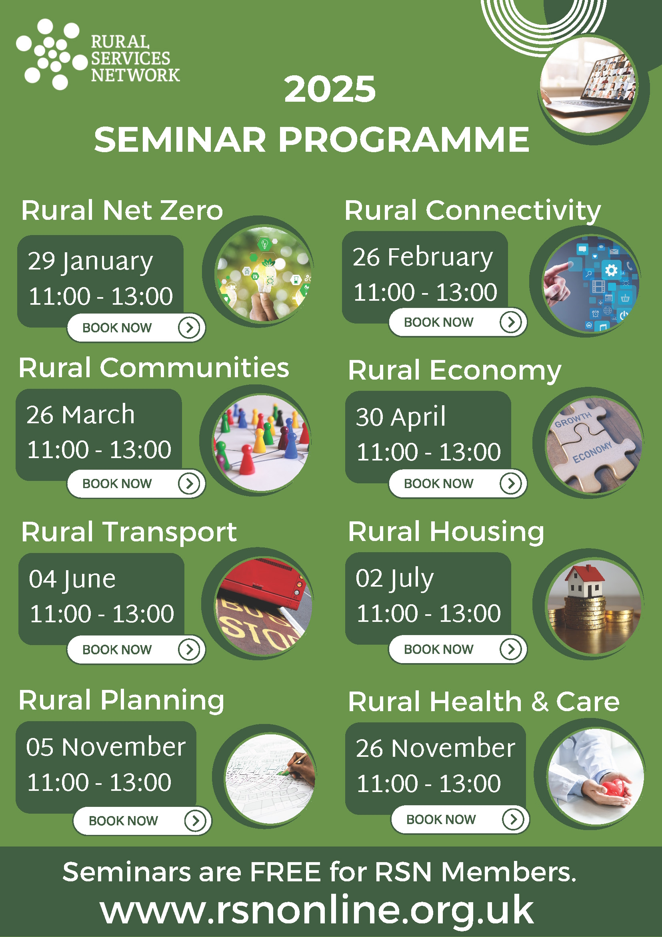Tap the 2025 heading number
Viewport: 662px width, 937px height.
pos(330,89)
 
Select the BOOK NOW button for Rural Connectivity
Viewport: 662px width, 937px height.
pos(458,322)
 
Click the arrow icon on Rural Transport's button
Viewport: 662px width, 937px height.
pos(189,649)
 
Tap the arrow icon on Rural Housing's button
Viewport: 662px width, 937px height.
pos(511,649)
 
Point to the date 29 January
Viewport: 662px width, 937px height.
pos(90,261)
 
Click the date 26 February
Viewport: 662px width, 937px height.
pos(423,257)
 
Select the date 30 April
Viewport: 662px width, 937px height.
pos(401,417)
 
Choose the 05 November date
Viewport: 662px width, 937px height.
pos(106,747)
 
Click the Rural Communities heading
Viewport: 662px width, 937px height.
pos(154,368)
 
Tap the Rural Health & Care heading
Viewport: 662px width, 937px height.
pos(484,702)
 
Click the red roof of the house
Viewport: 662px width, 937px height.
pos(584,573)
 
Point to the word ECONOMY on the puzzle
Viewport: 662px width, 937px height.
pos(592,452)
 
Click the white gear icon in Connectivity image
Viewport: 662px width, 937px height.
pos(611,270)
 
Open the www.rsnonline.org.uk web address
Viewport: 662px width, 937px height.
pos(316,910)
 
